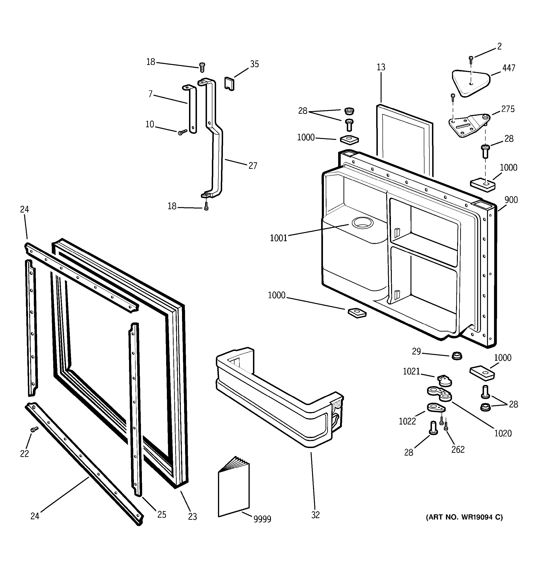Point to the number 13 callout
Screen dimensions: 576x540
pos(381,67)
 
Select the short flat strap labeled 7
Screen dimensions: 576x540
pos(191,109)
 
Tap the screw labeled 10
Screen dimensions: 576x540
pos(182,132)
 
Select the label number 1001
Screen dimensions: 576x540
pos(278,238)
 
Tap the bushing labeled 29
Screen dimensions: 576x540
pos(457,356)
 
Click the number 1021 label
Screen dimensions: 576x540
pos(411,371)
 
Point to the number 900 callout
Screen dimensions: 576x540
pos(511,200)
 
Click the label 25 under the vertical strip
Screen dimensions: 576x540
pos(161,514)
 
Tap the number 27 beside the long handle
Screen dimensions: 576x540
pos(252,166)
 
